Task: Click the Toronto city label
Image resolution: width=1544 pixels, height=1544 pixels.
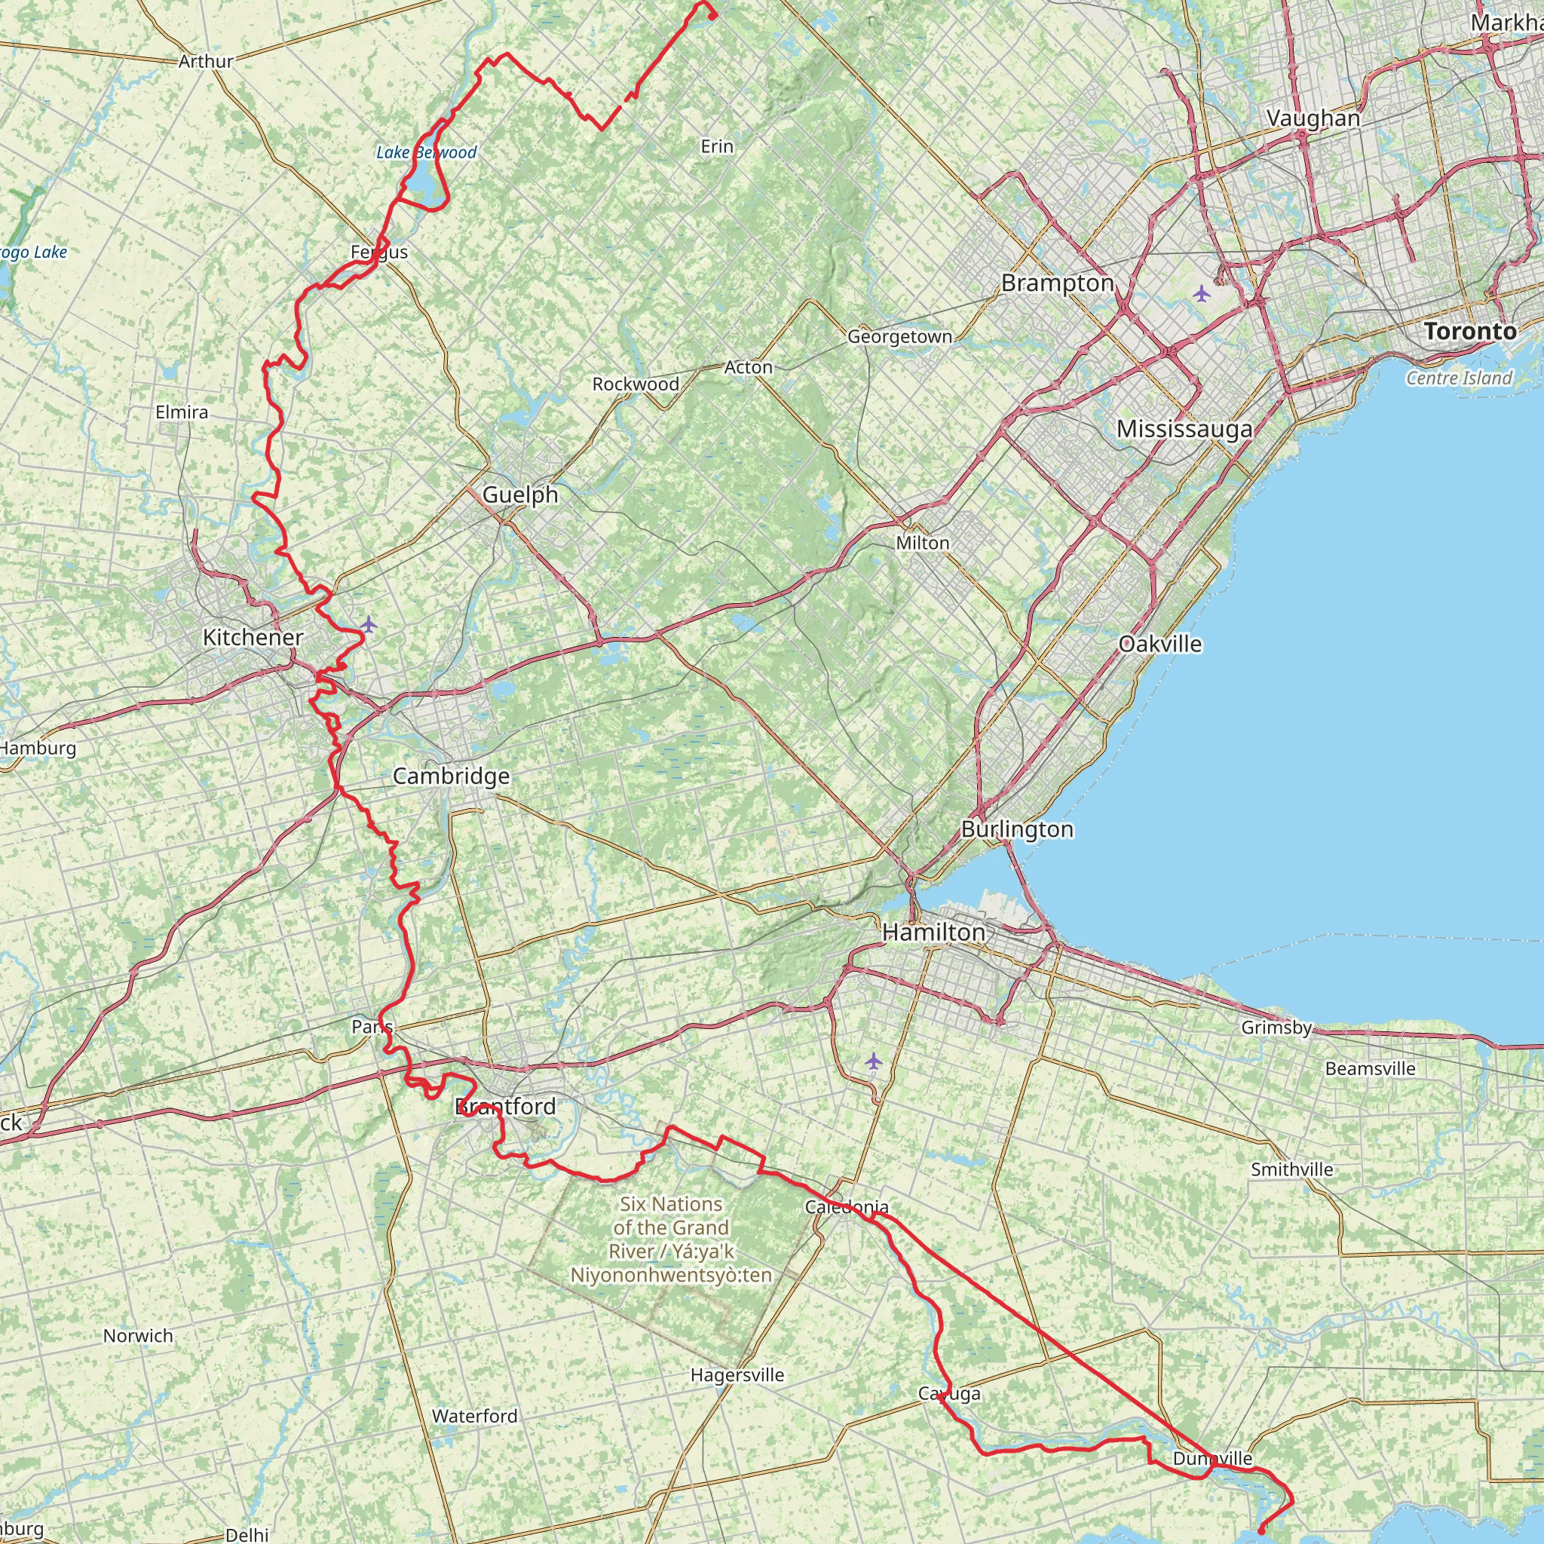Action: [1469, 331]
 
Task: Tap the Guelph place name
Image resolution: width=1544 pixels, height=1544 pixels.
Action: [520, 495]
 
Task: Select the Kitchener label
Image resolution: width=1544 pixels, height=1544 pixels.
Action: [253, 637]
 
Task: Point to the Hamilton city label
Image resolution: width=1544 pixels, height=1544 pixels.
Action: [933, 933]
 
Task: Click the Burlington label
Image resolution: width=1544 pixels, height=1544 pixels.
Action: [1016, 829]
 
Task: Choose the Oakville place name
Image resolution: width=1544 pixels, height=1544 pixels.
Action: [1160, 644]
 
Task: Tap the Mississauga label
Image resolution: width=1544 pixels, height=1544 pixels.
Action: [1184, 429]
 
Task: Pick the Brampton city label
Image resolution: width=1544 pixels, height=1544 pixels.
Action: [1057, 283]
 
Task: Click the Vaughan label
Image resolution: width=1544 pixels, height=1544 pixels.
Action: [1313, 118]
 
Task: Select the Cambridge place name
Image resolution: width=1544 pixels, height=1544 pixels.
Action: [451, 776]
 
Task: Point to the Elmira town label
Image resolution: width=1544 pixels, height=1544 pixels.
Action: [182, 412]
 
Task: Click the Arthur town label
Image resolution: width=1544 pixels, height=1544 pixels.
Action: [206, 61]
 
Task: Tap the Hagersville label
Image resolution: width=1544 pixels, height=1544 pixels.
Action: [737, 1374]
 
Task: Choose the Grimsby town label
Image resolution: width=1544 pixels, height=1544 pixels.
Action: [1276, 1028]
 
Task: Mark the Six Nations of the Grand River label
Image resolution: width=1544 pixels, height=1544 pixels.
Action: [671, 1239]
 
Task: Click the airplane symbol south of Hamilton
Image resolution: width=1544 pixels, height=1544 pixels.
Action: [874, 1061]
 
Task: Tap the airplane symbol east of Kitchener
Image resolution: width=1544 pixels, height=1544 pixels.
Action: [368, 624]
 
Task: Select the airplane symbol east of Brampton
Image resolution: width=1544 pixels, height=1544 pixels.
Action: [1201, 293]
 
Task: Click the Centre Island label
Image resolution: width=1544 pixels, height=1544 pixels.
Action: [1459, 378]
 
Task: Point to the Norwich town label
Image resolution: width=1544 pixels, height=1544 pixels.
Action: [137, 1335]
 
